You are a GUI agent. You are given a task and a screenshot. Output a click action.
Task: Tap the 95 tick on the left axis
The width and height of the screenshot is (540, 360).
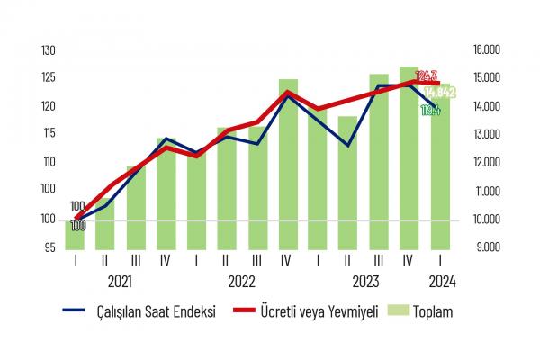(x=49, y=247)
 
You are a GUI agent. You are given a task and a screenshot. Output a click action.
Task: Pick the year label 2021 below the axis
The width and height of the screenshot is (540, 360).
(x=121, y=281)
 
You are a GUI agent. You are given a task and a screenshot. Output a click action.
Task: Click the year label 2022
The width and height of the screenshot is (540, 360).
(x=242, y=281)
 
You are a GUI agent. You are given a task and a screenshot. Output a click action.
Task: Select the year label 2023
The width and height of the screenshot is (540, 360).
(x=364, y=281)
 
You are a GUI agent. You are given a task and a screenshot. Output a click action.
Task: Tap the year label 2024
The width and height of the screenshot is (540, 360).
(x=440, y=281)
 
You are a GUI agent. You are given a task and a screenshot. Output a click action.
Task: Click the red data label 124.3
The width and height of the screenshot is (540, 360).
(x=427, y=76)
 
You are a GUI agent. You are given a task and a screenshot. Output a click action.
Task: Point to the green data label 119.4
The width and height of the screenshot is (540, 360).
(x=432, y=111)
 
